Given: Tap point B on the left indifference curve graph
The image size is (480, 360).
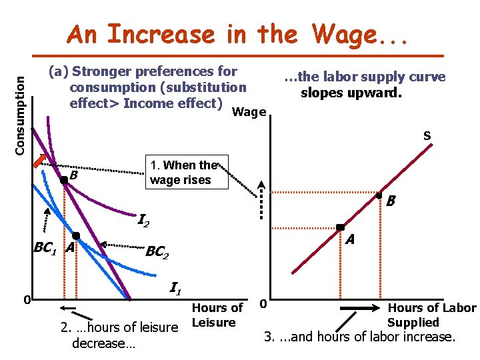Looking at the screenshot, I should pyautogui.click(x=63, y=179).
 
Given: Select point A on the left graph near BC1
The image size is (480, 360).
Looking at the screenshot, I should pyautogui.click(x=76, y=236).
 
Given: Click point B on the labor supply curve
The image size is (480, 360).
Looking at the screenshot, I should pyautogui.click(x=378, y=196).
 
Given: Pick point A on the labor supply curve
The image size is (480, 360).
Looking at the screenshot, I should pyautogui.click(x=339, y=228).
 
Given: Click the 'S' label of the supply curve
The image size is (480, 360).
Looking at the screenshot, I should pyautogui.click(x=427, y=137).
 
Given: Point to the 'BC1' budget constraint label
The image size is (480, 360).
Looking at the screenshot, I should pyautogui.click(x=45, y=248).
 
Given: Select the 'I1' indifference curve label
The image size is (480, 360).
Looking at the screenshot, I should pyautogui.click(x=176, y=289).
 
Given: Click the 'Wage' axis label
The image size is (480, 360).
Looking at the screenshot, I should pyautogui.click(x=249, y=112).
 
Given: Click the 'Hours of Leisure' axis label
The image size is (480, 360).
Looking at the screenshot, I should pyautogui.click(x=217, y=315).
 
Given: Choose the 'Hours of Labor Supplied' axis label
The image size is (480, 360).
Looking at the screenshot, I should pyautogui.click(x=432, y=315).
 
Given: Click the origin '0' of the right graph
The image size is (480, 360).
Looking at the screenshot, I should pyautogui.click(x=263, y=304).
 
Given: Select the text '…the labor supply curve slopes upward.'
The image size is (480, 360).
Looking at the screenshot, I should pyautogui.click(x=365, y=85).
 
